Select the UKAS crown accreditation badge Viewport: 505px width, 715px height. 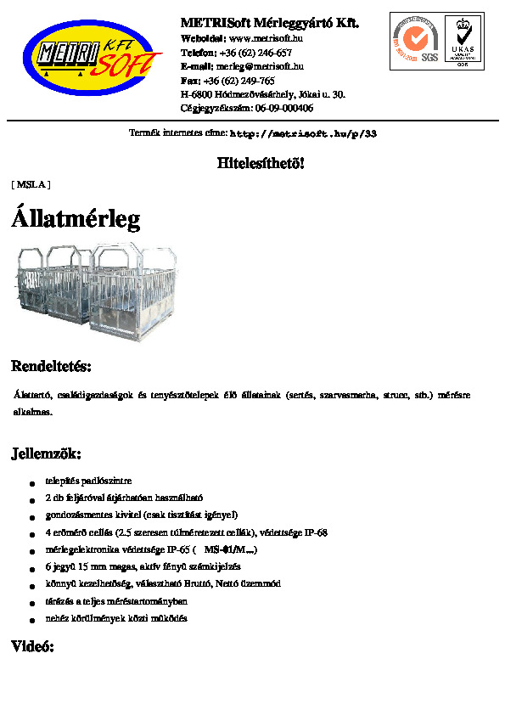pos(463,40)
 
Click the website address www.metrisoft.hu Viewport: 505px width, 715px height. pos(266,38)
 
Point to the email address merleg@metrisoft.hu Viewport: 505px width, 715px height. pos(261,66)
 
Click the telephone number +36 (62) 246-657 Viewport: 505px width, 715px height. pos(255,53)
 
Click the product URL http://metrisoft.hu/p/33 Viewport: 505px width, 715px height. pos(303,134)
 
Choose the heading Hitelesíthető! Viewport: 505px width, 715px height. pos(261,163)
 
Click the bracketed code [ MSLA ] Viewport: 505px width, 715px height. pos(31,183)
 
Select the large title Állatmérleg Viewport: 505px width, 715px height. pos(76,219)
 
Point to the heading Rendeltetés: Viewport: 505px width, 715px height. pos(51,367)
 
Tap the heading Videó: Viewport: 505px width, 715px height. pos(32,647)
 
